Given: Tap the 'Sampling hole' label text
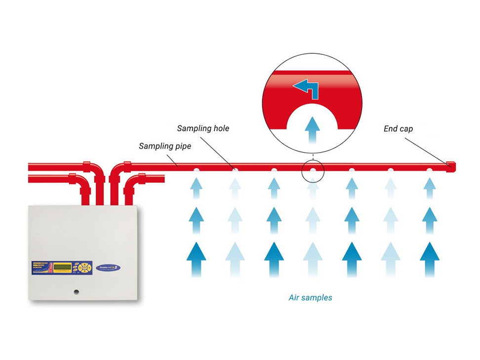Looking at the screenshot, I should pos(203,128).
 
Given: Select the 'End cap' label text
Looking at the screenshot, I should pos(398,129).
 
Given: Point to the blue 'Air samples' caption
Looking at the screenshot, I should pos(310,298).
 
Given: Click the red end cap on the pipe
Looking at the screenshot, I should pos(451,166).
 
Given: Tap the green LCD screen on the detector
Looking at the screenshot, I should pos(62,267).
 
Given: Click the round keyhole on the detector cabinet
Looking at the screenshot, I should pos(77,292).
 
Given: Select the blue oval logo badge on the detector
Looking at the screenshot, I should pos(108,267).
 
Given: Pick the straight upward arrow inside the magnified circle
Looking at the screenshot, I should pos(312,128).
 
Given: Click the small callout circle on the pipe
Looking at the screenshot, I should pos(313,170).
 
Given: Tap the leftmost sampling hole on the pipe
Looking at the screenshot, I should pos(196,170).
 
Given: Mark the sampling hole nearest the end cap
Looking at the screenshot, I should pos(430,170).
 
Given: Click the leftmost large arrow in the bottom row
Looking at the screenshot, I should pos(196,258).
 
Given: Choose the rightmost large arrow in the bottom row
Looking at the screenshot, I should pos(430,258).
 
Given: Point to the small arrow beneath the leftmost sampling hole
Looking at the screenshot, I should pos(196,188).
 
